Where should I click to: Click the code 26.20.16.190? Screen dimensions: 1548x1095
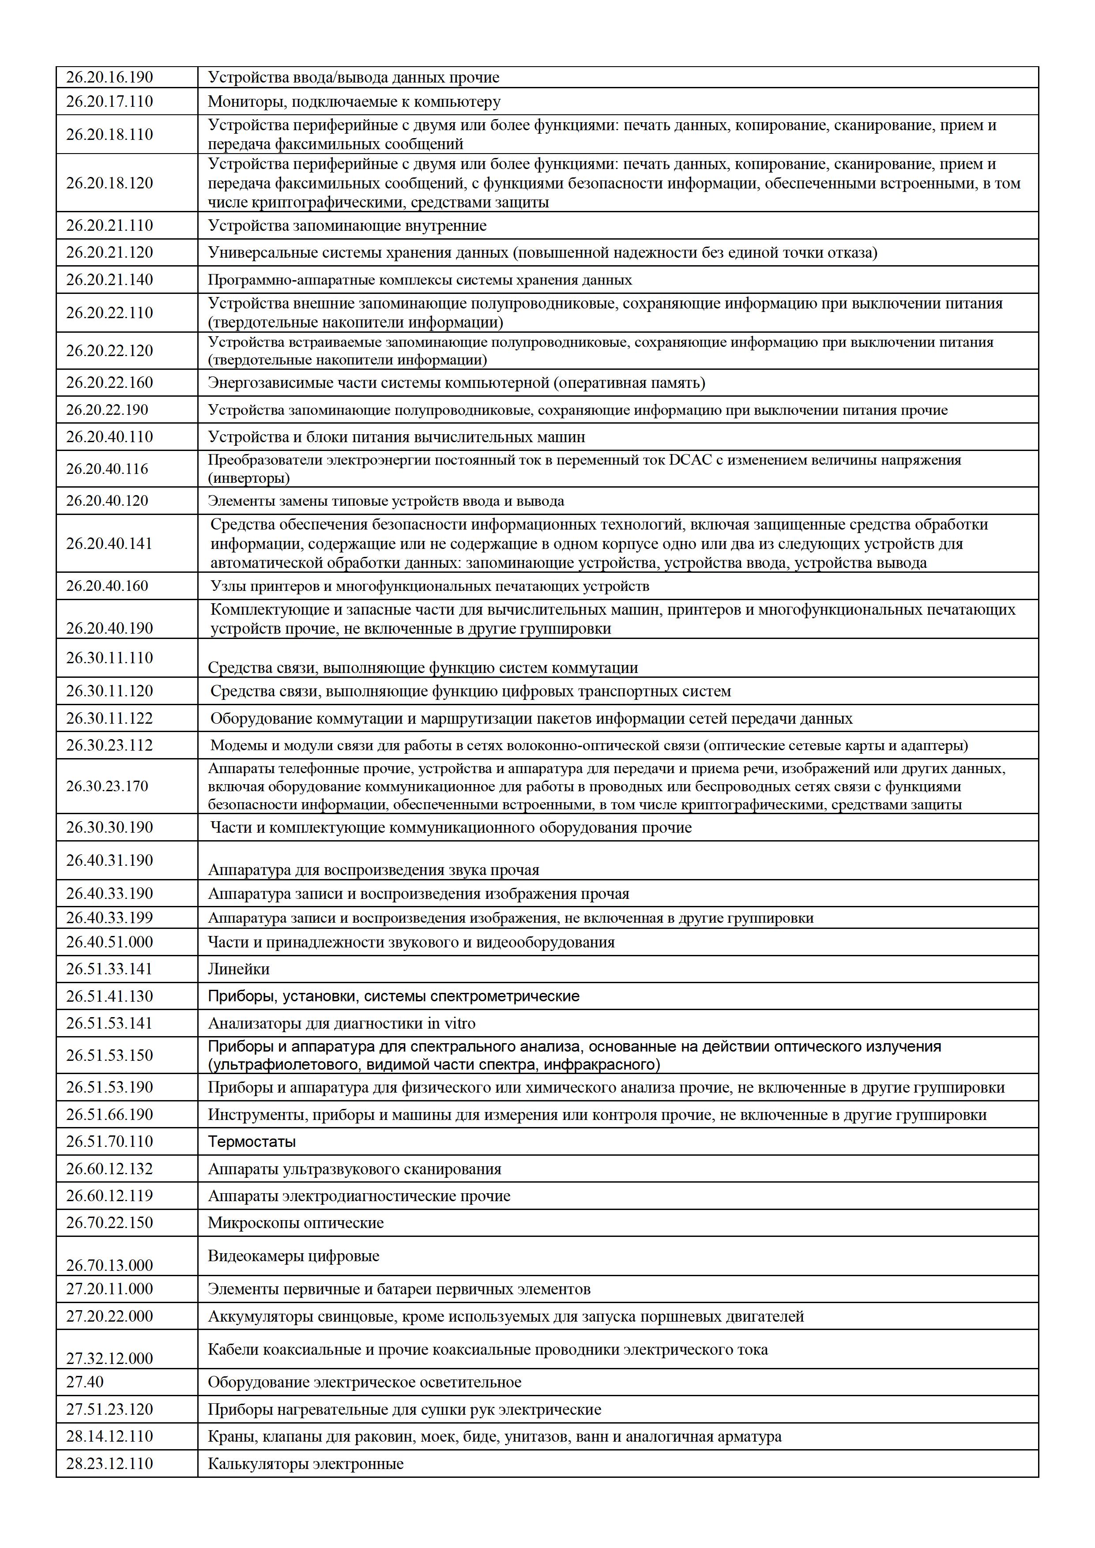(x=109, y=78)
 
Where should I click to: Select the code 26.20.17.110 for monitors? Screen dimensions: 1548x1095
(x=109, y=102)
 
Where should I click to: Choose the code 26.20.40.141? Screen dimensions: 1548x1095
(x=109, y=543)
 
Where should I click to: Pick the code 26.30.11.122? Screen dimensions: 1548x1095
(x=109, y=719)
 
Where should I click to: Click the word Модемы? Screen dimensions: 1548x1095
(x=237, y=746)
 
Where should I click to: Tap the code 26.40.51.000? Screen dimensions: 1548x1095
(x=109, y=943)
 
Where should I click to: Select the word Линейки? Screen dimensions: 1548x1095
(x=239, y=969)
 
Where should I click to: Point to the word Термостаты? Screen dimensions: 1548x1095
(x=252, y=1142)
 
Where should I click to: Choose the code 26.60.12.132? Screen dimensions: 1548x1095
(x=109, y=1169)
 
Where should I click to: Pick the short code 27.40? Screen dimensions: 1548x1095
(x=85, y=1382)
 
